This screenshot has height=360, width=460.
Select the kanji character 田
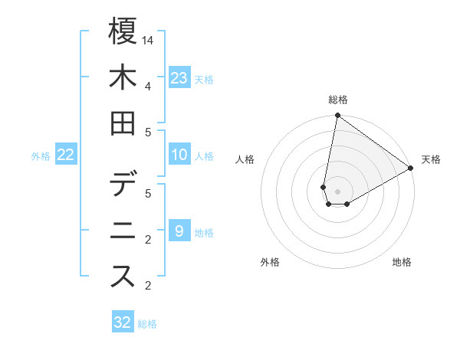pyautogui.click(x=123, y=123)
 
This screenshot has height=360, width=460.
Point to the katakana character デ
pyautogui.click(x=123, y=185)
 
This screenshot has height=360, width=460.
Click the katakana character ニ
pyautogui.click(x=123, y=231)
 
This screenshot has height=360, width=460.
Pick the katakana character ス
pyautogui.click(x=123, y=277)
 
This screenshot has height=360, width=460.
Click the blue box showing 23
pyautogui.click(x=179, y=77)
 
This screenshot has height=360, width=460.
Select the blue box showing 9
pyautogui.click(x=179, y=231)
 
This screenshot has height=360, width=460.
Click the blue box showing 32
pyautogui.click(x=123, y=322)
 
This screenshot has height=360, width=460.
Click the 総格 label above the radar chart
pyautogui.click(x=337, y=100)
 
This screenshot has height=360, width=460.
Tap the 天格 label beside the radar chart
pyautogui.click(x=431, y=159)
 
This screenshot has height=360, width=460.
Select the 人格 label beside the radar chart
pyautogui.click(x=245, y=159)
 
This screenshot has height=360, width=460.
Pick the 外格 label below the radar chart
pyautogui.click(x=269, y=262)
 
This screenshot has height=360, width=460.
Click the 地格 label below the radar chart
pyautogui.click(x=402, y=262)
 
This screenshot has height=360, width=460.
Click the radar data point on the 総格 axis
pyautogui.click(x=337, y=116)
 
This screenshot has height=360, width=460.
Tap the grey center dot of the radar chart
pyautogui.click(x=337, y=191)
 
